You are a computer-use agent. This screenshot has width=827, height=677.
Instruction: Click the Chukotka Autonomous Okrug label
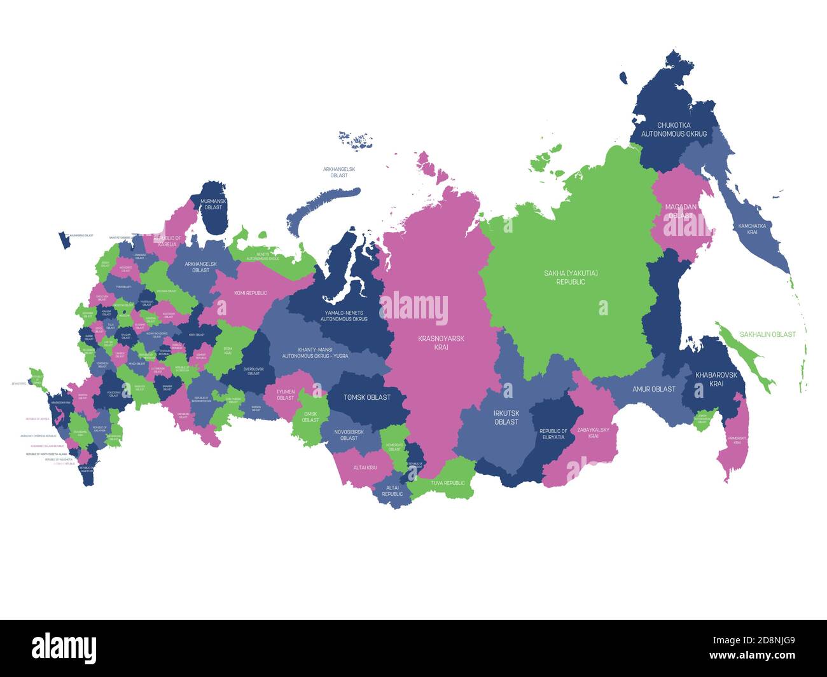tap(674, 130)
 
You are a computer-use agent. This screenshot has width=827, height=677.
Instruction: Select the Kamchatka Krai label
tap(752, 229)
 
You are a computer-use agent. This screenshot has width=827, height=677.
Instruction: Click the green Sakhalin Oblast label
tap(767, 334)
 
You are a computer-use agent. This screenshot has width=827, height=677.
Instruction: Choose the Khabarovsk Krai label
tap(716, 379)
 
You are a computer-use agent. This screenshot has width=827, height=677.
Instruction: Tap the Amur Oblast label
tap(653, 389)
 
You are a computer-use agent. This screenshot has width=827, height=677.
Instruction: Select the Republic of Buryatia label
tap(553, 434)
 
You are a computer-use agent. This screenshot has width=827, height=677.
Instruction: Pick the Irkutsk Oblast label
tap(506, 417)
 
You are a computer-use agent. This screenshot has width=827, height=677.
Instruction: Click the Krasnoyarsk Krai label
tap(441, 343)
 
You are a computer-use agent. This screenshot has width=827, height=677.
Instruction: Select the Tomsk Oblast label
tap(366, 397)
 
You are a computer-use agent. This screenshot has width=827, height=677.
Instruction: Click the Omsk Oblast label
tap(310, 416)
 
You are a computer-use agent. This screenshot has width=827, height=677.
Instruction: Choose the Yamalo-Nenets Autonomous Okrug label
tap(344, 315)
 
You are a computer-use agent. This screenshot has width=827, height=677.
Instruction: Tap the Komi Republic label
tap(251, 293)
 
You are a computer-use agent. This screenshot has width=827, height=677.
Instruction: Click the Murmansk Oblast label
tap(212, 204)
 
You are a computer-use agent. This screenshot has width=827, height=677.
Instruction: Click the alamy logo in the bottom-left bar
tap(64, 648)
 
